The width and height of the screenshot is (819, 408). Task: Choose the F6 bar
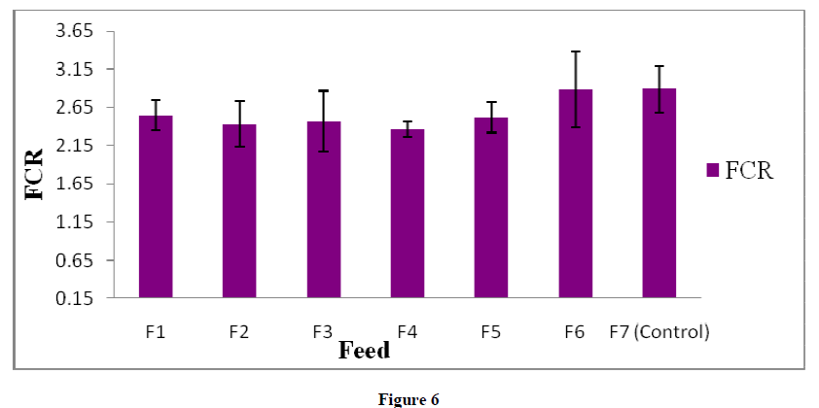pos(575,193)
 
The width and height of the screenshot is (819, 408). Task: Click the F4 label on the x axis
pos(408,332)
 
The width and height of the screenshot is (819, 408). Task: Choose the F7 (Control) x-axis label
pos(659,332)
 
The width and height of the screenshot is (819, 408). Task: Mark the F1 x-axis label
pos(156,332)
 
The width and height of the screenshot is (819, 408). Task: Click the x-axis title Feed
pos(364,350)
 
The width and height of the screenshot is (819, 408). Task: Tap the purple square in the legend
pos(712,170)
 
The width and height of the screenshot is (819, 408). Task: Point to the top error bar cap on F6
pos(575,51)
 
